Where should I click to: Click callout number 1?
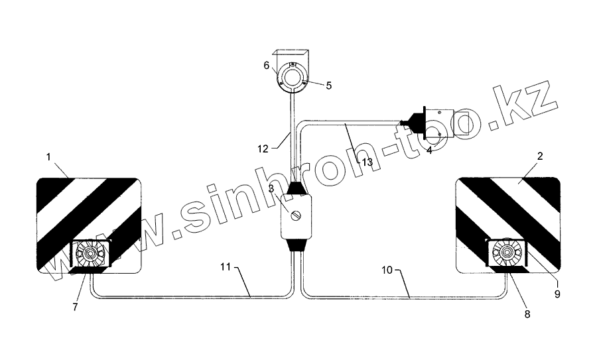[48, 156]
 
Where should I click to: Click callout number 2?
[540, 156]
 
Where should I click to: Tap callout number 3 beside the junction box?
[271, 189]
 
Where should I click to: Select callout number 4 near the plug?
[429, 150]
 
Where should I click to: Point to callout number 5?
[328, 86]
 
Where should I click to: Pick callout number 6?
[267, 66]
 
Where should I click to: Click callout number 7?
[75, 307]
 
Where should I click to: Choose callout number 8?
[527, 314]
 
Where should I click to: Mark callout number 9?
[557, 294]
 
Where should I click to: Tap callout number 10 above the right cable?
[387, 270]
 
